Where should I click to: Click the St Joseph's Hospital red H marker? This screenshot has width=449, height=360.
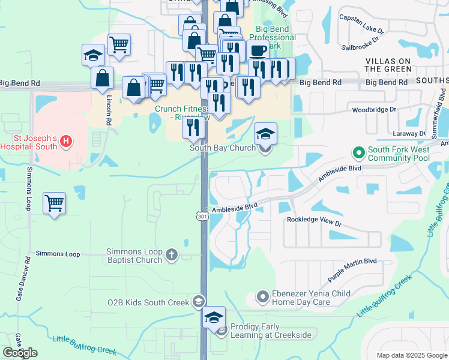[x=67, y=142]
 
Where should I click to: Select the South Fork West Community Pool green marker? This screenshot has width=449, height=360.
[x=358, y=153]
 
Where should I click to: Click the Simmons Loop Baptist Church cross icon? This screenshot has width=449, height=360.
[x=172, y=256]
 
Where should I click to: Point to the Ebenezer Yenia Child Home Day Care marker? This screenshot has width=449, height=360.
[x=262, y=296]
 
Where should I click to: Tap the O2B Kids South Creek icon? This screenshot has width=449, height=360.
[x=199, y=301]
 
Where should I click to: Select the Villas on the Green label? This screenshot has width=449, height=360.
[x=388, y=65]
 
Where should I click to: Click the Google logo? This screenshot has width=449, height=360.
[x=19, y=353]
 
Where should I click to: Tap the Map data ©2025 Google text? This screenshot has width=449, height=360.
[x=411, y=355]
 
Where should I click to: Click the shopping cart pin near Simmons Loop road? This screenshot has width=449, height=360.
[x=54, y=203]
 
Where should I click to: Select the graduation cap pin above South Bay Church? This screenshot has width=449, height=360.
[x=265, y=134]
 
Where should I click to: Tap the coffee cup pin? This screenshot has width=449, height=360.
[x=258, y=51]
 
